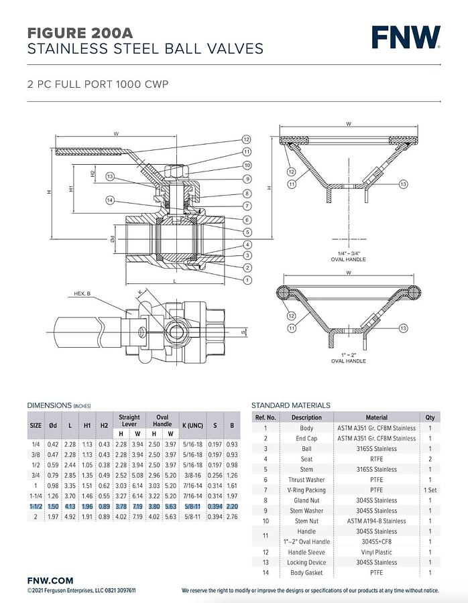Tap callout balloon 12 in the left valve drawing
247,139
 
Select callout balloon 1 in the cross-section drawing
247,279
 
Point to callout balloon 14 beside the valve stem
110,200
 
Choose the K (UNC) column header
192,425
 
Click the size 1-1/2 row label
36,507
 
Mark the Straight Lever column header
129,420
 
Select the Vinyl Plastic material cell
376,552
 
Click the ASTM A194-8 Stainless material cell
376,521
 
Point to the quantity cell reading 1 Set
430,490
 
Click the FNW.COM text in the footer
50,580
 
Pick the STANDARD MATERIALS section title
290,405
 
